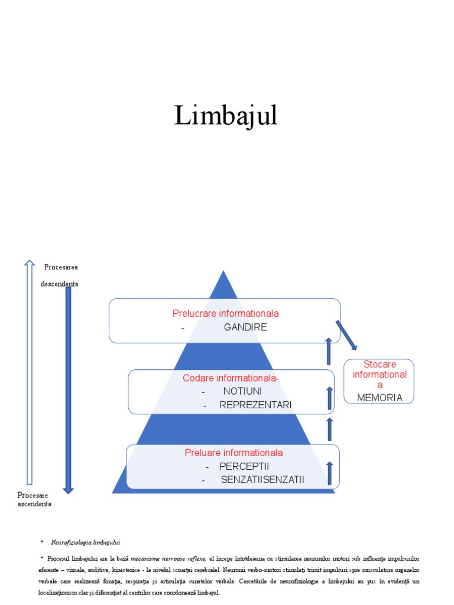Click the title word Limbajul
(x=226, y=115)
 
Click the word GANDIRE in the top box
(x=245, y=327)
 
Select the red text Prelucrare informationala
(x=225, y=313)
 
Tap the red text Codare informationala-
(x=231, y=378)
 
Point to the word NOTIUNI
(x=242, y=391)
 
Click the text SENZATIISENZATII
(x=262, y=479)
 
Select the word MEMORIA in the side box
(x=380, y=398)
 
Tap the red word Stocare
(x=380, y=364)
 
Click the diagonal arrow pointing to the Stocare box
(x=346, y=335)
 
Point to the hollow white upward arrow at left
(x=29, y=372)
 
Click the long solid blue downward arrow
(x=69, y=390)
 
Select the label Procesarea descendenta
(x=60, y=275)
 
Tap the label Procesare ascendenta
(x=34, y=499)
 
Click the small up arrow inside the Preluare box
(x=329, y=473)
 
